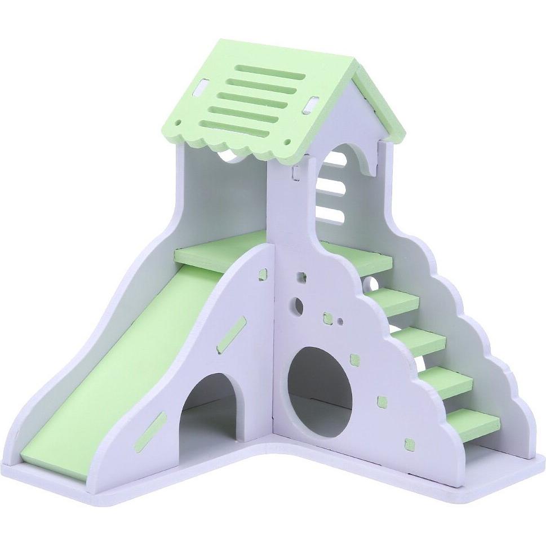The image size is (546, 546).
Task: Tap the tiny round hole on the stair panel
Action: tap(340, 322)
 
